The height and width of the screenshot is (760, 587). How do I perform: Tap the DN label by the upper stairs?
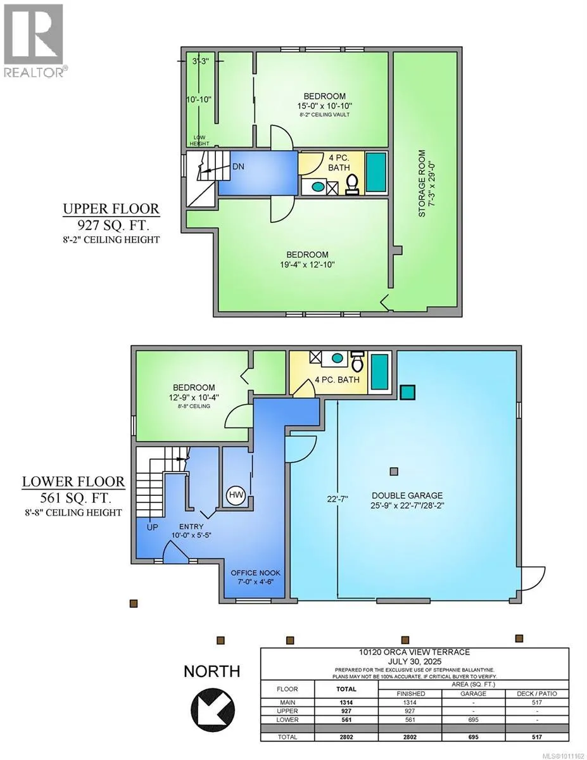click(x=239, y=167)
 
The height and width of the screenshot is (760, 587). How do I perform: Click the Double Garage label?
click(x=407, y=495)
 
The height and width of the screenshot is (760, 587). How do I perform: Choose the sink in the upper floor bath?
click(x=317, y=186)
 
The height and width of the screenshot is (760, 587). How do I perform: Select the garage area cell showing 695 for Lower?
click(x=473, y=719)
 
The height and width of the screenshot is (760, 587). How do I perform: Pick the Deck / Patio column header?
click(x=536, y=693)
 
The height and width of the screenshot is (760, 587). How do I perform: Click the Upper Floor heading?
click(x=111, y=209)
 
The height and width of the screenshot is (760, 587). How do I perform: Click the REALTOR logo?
click(x=34, y=41)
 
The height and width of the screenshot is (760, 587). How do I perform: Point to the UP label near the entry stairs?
click(x=153, y=527)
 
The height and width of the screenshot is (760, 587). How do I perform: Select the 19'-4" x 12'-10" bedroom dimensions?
click(x=307, y=264)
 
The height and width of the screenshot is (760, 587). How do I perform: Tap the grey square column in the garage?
click(x=394, y=471)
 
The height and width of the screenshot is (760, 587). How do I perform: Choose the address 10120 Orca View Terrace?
click(x=414, y=652)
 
